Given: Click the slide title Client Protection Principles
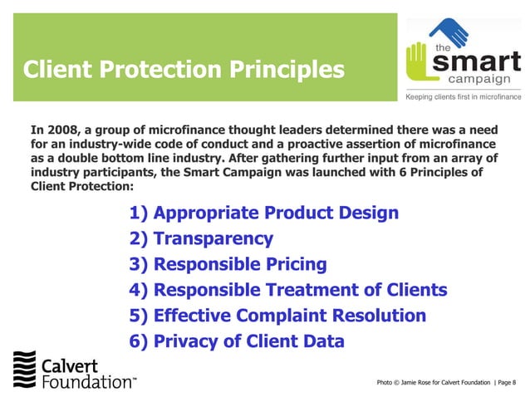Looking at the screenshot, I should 183,68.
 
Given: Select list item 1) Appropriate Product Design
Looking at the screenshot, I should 264,213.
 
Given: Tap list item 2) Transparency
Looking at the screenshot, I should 201,239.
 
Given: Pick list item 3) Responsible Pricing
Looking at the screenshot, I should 228,265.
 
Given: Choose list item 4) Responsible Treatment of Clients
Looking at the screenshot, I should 288,290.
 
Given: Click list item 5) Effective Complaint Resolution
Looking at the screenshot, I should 277,316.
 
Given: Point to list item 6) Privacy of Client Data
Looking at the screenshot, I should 237,341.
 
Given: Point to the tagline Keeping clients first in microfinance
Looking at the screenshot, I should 463,97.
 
